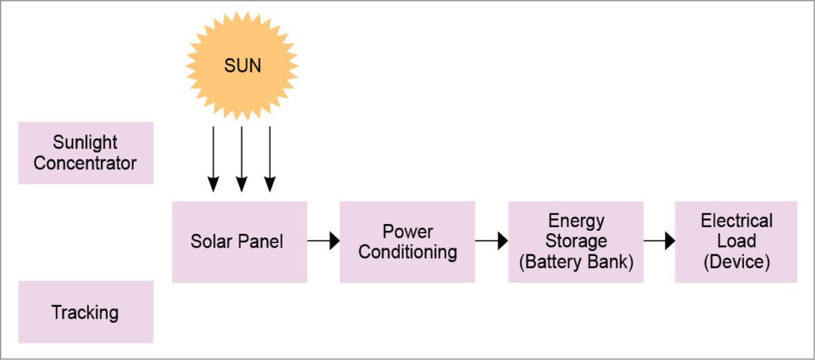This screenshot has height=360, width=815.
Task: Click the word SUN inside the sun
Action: tap(242, 66)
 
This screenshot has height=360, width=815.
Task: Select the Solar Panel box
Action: tap(239, 242)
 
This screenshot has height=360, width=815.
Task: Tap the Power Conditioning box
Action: tap(407, 242)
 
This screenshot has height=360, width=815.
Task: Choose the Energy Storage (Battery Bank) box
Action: tap(575, 242)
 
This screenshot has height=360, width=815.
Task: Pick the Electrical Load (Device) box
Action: tap(736, 242)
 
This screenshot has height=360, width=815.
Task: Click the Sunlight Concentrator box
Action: tap(85, 152)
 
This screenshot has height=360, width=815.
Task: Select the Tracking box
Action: tap(85, 312)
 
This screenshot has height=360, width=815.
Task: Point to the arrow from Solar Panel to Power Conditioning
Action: tap(324, 242)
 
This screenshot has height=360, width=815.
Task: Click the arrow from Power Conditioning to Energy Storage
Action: tap(491, 242)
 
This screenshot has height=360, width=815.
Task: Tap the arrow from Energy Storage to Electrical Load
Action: tap(659, 242)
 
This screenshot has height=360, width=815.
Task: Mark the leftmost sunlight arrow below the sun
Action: tap(214, 158)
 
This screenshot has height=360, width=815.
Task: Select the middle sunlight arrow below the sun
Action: tap(241, 158)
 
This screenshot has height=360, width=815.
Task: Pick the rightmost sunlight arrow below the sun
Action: tap(269, 158)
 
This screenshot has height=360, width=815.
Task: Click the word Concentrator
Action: tap(85, 163)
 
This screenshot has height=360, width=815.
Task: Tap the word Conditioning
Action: tap(407, 252)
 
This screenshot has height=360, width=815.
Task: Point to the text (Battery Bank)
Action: tap(576, 262)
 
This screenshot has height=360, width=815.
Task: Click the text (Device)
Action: tap(736, 262)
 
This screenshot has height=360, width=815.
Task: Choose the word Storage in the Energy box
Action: tap(576, 242)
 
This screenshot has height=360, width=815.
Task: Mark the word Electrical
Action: tap(737, 221)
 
